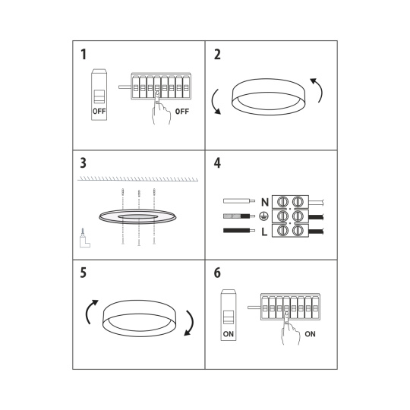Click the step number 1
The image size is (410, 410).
pos(84,55)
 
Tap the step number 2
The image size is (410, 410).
pos(217,55)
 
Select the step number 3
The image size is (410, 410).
pos(84,163)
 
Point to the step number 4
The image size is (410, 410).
pos(217,163)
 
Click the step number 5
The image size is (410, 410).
pos(84,273)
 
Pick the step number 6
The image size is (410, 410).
pos(217,273)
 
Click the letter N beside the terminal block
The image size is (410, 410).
pos(265,202)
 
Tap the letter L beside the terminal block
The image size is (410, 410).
pos(264,232)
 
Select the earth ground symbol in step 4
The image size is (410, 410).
pos(263,216)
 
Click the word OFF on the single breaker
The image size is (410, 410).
pos(99,112)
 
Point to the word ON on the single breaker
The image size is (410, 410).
pos(229,334)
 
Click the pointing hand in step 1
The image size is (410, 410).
pos(161,110)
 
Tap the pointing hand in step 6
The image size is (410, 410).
pos(290,330)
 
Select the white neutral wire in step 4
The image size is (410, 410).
pos(239,200)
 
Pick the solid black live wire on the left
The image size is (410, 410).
pos(239,231)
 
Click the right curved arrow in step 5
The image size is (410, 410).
pos(191,323)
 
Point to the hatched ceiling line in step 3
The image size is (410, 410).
pos(137,179)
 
